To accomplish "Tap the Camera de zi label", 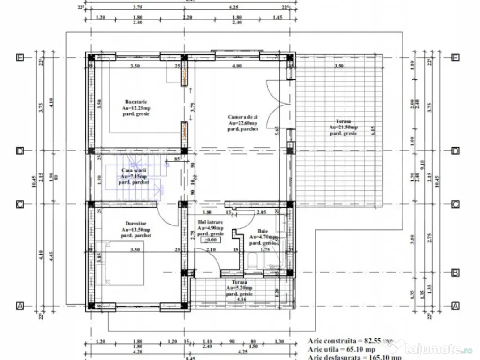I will pyautogui.click(x=243, y=117).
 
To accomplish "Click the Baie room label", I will pyautogui.click(x=262, y=231).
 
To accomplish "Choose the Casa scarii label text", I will pyautogui.click(x=134, y=170).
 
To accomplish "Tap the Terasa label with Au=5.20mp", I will pyautogui.click(x=239, y=282).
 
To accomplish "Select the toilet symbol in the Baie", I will pyautogui.click(x=253, y=261).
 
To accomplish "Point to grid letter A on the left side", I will pyautogui.click(x=20, y=306).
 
